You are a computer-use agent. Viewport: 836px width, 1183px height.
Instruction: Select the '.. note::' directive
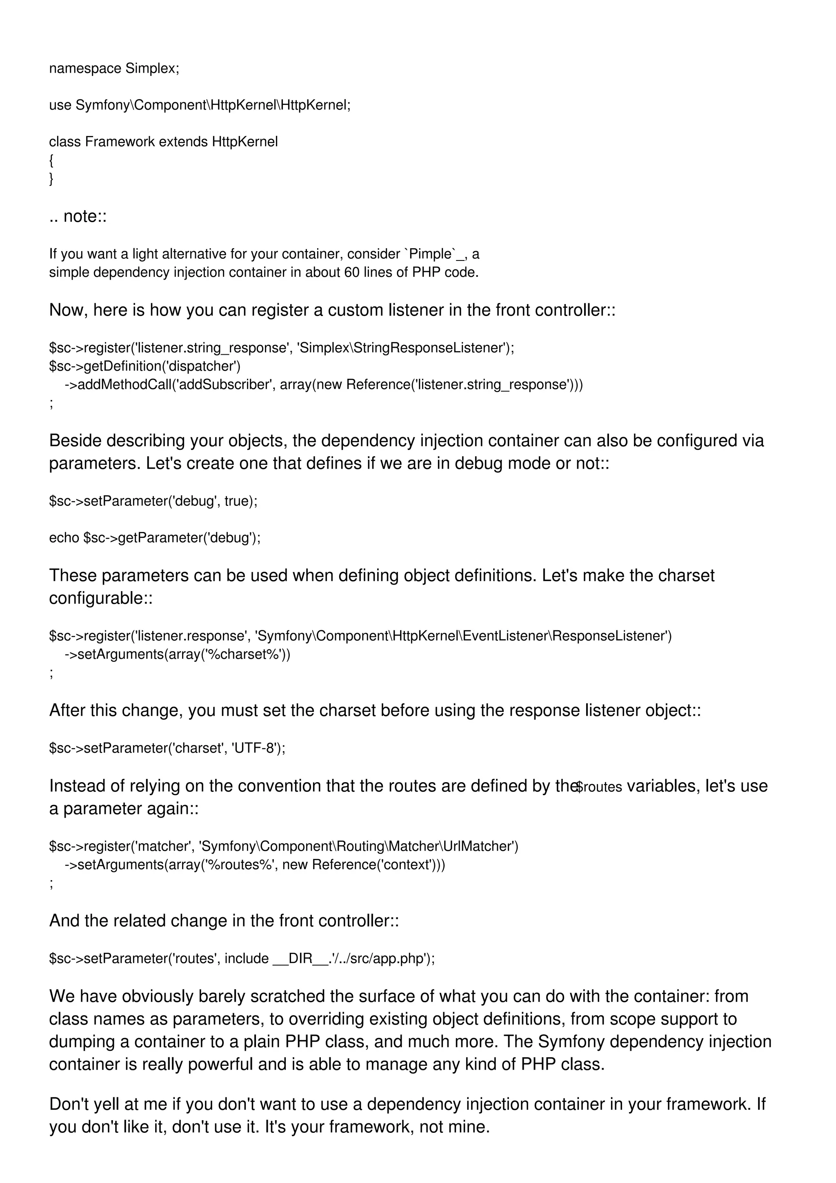coord(78,216)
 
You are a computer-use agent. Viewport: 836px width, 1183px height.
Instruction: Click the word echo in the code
coord(64,538)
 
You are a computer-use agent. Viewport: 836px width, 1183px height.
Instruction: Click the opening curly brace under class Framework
coord(51,160)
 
